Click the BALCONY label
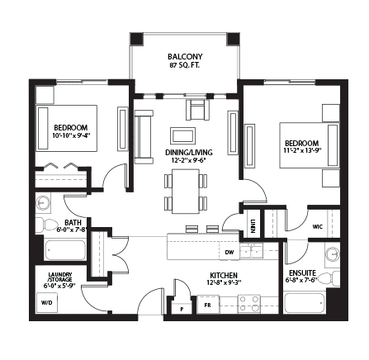click(185, 57)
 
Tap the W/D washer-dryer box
click(47, 302)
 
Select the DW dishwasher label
click(229, 252)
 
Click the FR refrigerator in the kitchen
click(208, 305)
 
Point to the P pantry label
click(182, 310)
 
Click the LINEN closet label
click(253, 226)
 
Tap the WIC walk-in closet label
click(318, 227)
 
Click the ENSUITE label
click(302, 273)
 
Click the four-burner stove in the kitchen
click(248, 304)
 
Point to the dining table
click(186, 192)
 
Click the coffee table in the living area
click(182, 135)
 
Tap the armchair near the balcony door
click(197, 110)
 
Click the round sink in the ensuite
click(332, 254)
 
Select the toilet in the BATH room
click(46, 225)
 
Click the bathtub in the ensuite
click(305, 303)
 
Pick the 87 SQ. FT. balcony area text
click(185, 65)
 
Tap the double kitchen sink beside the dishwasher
click(252, 251)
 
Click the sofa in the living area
click(144, 137)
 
